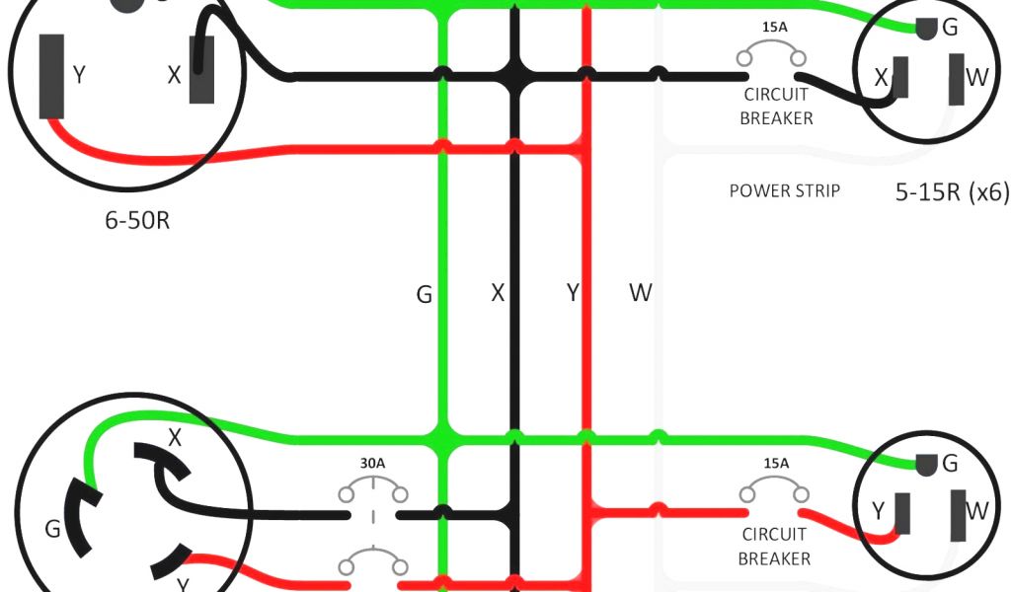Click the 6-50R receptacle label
click(x=137, y=219)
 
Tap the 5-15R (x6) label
click(x=951, y=192)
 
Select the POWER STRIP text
click(x=784, y=190)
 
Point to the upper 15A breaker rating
click(x=775, y=28)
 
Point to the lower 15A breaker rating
click(x=776, y=463)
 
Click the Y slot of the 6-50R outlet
click(x=51, y=76)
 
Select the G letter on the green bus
click(x=425, y=294)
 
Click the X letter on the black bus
click(x=499, y=293)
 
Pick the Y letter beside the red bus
click(x=572, y=293)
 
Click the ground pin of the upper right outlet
click(x=926, y=30)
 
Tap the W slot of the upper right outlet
click(x=957, y=79)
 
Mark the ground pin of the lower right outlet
click(x=926, y=464)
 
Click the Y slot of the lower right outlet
click(x=901, y=514)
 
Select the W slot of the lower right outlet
click(x=957, y=514)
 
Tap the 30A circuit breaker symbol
click(x=373, y=493)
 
